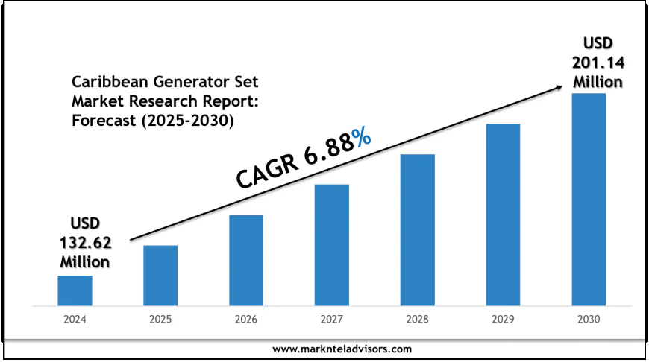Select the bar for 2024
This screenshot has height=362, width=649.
click(75, 290)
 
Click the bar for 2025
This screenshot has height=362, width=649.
click(160, 275)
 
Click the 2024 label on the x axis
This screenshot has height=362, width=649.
click(75, 319)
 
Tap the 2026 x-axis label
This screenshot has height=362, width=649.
click(246, 319)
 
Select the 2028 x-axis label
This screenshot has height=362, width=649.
click(417, 319)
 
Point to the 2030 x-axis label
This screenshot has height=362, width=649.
click(589, 319)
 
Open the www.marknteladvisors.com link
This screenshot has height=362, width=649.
click(342, 349)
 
